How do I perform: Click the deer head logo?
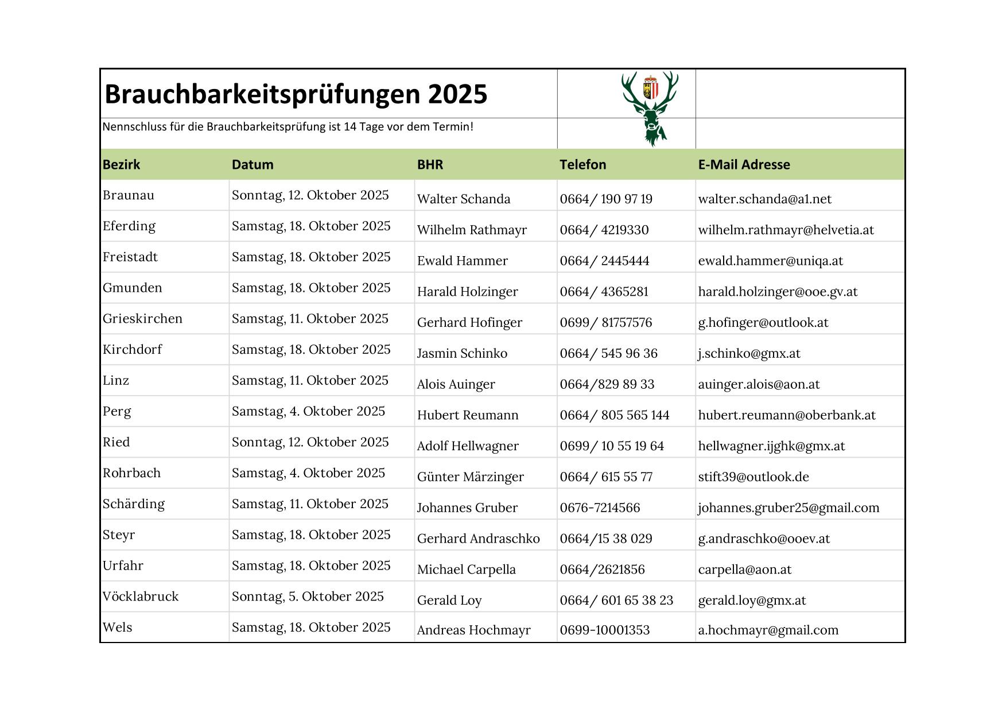click(x=650, y=108)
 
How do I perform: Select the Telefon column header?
click(x=582, y=165)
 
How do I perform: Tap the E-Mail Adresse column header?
click(x=744, y=165)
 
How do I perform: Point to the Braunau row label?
click(x=129, y=195)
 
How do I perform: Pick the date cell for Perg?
click(x=308, y=411)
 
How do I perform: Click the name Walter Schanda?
click(x=463, y=199)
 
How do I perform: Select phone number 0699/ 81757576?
click(x=605, y=323)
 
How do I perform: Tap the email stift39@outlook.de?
click(x=753, y=477)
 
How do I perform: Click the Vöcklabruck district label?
click(x=141, y=597)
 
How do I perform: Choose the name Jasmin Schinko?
click(x=462, y=354)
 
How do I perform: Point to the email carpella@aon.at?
click(x=744, y=570)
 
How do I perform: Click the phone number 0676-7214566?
click(x=600, y=508)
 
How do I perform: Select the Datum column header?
click(x=253, y=165)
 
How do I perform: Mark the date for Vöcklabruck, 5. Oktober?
click(x=308, y=597)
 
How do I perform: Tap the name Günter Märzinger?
click(x=470, y=477)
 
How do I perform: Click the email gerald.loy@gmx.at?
click(x=752, y=601)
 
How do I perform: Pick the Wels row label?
click(x=118, y=628)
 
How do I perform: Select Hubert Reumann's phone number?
click(x=614, y=415)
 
